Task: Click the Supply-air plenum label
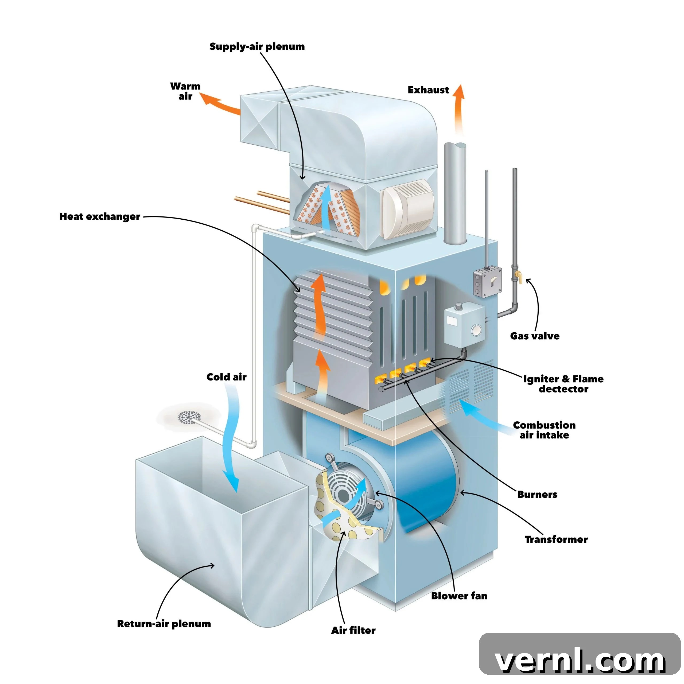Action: [x=257, y=47]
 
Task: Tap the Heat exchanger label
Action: [x=100, y=216]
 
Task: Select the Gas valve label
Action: [x=535, y=336]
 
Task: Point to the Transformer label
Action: [x=556, y=539]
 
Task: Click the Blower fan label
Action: [x=459, y=596]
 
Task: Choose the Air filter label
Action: [x=353, y=630]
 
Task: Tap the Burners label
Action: [x=537, y=494]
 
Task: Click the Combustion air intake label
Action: [x=544, y=430]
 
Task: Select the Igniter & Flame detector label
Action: [x=563, y=384]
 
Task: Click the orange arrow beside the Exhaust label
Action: [x=459, y=110]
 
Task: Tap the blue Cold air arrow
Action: [x=230, y=439]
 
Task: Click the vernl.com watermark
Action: [x=580, y=661]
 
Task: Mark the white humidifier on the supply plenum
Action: [x=407, y=209]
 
